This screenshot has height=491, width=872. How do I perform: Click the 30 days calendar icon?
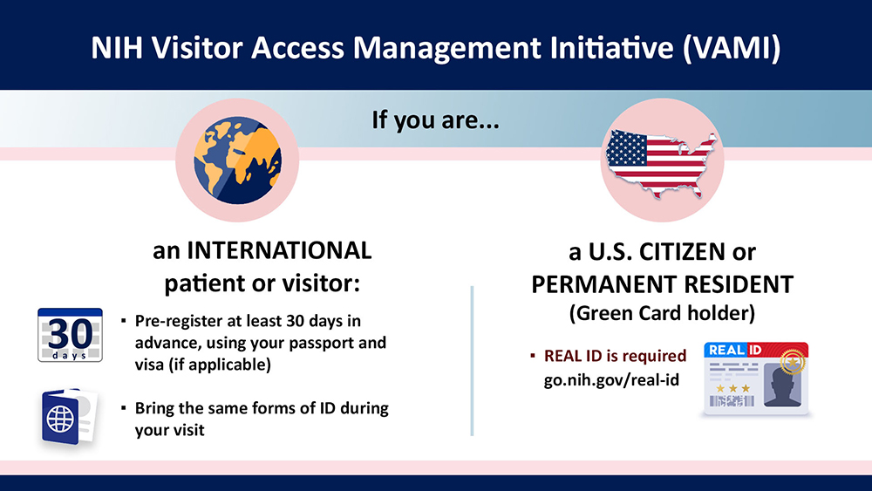71,335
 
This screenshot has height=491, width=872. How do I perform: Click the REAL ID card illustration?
756,377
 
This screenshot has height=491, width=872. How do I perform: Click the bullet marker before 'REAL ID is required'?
533,356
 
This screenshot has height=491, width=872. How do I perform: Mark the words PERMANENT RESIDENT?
663,283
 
